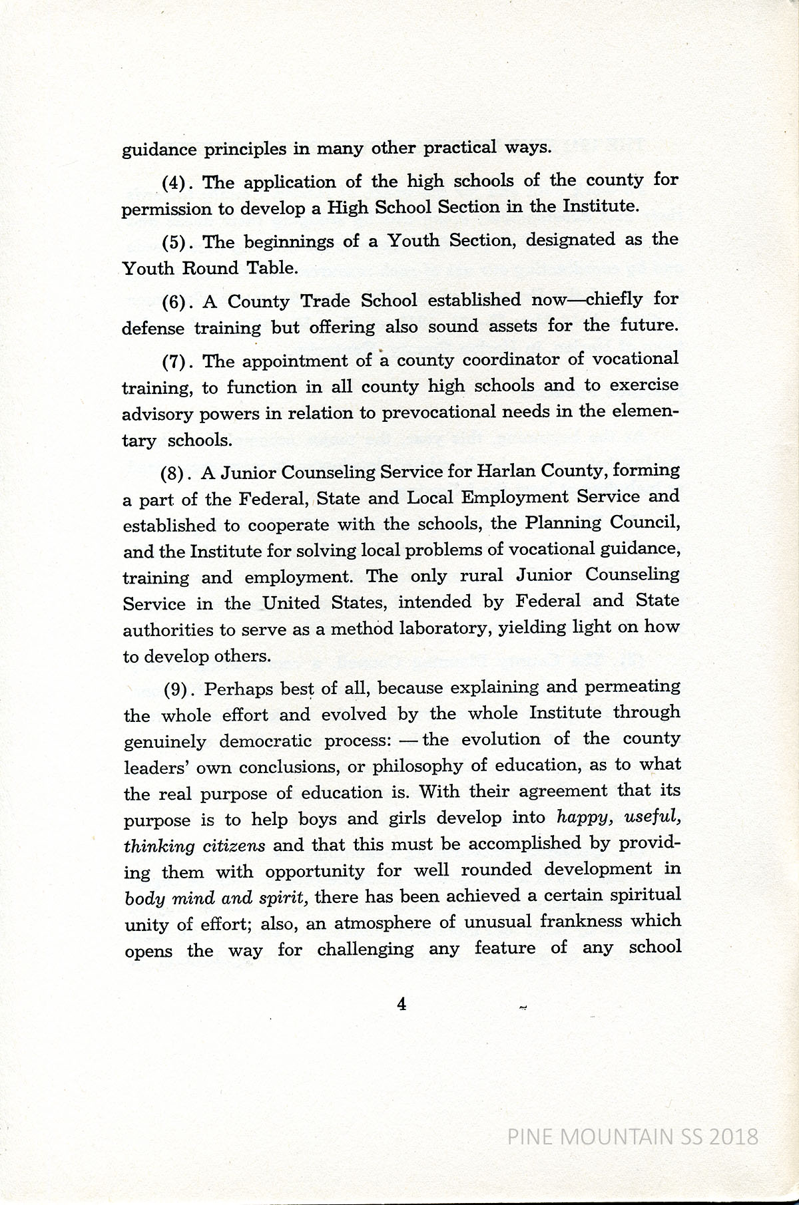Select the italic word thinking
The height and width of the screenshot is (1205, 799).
159,846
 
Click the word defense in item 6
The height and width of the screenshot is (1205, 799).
154,329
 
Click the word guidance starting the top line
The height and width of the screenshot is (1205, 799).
157,150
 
